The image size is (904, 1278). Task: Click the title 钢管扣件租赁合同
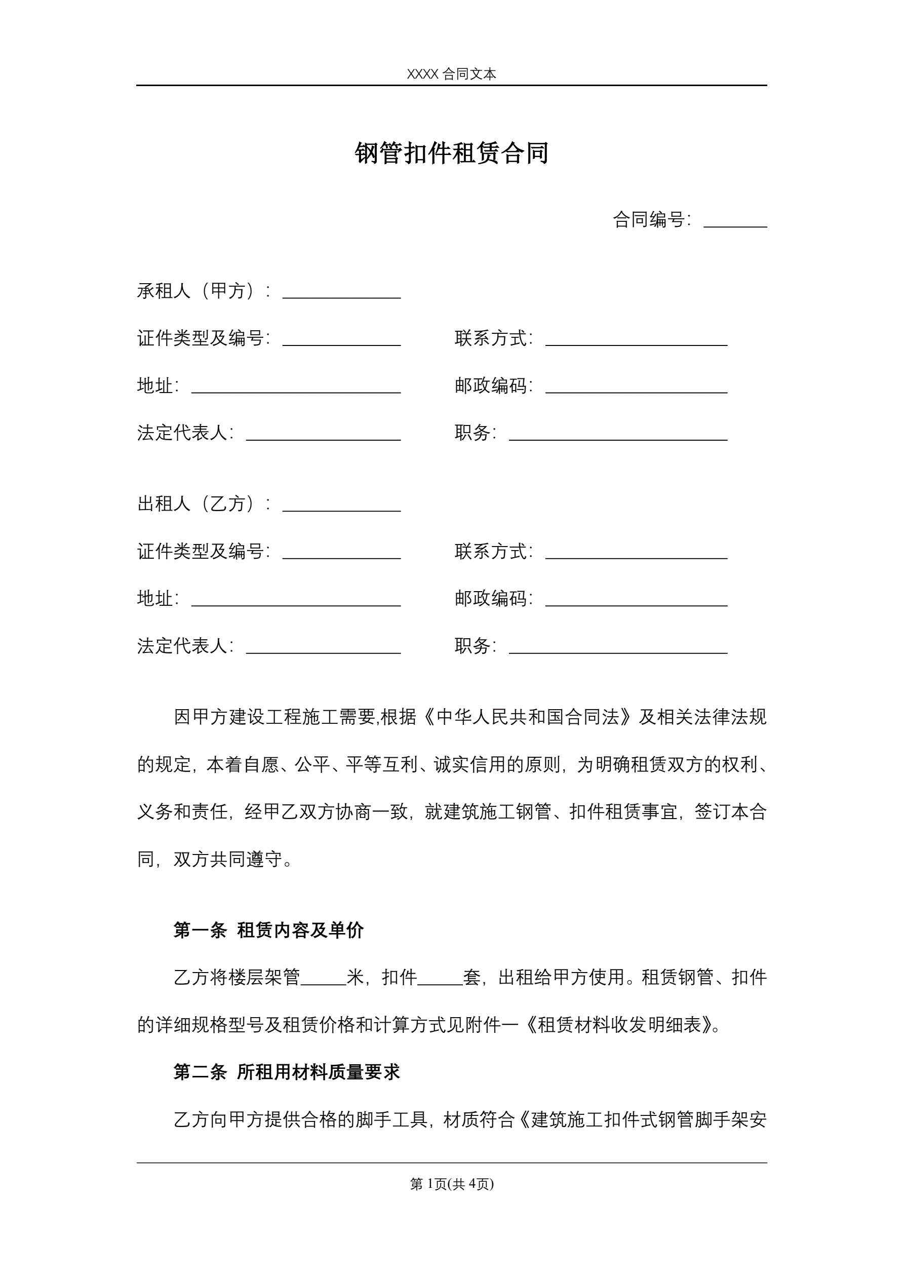click(451, 153)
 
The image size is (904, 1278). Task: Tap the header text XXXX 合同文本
click(451, 74)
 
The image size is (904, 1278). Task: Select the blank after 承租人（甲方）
click(341, 293)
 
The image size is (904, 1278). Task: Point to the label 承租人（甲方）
click(204, 291)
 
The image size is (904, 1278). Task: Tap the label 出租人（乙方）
click(204, 504)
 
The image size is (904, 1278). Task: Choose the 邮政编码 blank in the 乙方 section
click(636, 601)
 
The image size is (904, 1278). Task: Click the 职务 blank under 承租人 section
click(618, 435)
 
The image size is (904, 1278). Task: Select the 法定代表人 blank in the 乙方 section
click(323, 648)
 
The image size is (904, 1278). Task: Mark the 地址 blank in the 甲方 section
click(296, 388)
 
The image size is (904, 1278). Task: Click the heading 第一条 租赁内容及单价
click(268, 930)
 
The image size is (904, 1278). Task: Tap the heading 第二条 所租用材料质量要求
click(287, 1072)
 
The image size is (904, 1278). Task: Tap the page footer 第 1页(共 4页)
click(451, 1184)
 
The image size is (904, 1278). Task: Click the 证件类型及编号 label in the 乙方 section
click(204, 552)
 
